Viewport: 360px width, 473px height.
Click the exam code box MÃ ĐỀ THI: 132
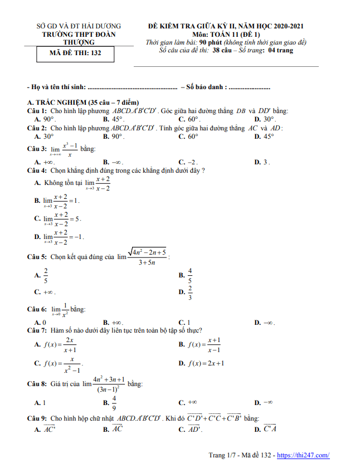pyautogui.click(x=74, y=54)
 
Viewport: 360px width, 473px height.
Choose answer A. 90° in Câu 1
pyautogui.click(x=45, y=119)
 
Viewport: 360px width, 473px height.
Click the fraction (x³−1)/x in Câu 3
pyautogui.click(x=69, y=149)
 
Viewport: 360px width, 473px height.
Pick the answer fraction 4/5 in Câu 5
pyautogui.click(x=189, y=275)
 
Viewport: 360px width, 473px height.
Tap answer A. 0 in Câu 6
pyautogui.click(x=40, y=322)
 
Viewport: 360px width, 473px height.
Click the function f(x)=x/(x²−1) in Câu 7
pyautogui.click(x=58, y=363)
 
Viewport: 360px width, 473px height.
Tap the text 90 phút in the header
pyautogui.click(x=206, y=42)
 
